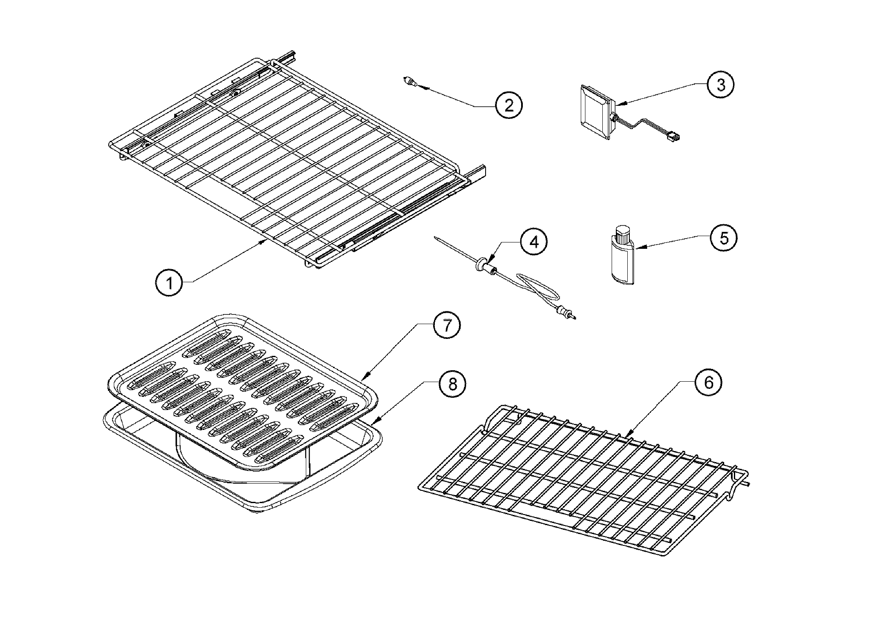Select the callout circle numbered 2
[x=508, y=105]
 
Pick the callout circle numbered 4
[x=534, y=242]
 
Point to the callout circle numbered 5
[x=724, y=238]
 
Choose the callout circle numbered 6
[x=709, y=383]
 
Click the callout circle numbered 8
[x=452, y=384]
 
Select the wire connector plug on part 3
[x=676, y=136]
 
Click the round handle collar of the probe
[x=481, y=265]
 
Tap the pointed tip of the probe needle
[x=435, y=238]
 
